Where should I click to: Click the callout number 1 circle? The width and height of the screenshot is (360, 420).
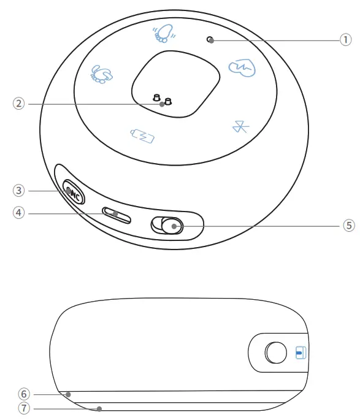[346, 40]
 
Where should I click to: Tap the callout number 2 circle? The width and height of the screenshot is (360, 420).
[20, 104]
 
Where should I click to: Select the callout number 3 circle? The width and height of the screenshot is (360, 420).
[20, 191]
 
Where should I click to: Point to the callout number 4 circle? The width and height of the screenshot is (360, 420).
[20, 213]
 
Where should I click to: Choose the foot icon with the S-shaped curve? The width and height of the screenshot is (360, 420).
[101, 74]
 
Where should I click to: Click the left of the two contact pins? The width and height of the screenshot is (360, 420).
[156, 98]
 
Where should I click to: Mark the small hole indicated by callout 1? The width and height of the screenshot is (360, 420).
[210, 40]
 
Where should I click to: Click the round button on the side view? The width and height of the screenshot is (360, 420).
[276, 353]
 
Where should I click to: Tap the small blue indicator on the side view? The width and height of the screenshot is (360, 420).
[300, 353]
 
